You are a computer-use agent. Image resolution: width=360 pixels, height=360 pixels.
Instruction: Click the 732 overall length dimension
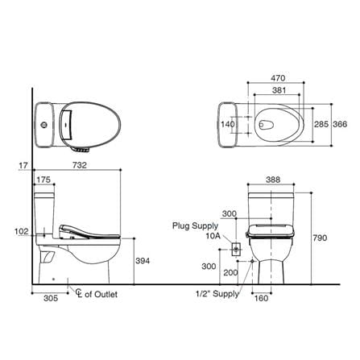pos(80,165)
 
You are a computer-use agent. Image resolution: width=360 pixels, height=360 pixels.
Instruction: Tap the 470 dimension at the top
pos(278,78)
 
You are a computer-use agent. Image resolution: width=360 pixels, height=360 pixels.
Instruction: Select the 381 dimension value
pos(279,90)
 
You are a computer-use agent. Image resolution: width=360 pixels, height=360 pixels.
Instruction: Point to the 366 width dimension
pos(340,124)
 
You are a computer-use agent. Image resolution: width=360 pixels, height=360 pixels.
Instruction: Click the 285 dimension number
pos(321,124)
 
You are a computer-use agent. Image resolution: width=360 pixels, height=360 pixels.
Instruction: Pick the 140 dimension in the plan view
pos(228,124)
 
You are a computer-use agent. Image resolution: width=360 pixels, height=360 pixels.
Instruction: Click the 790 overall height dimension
pos(320,238)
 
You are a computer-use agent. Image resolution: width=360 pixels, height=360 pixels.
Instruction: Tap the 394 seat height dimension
pos(143,261)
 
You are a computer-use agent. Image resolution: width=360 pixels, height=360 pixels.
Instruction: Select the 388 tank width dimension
pos(273,180)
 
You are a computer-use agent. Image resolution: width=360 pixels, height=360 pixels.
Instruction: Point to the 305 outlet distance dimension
pos(51,298)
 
